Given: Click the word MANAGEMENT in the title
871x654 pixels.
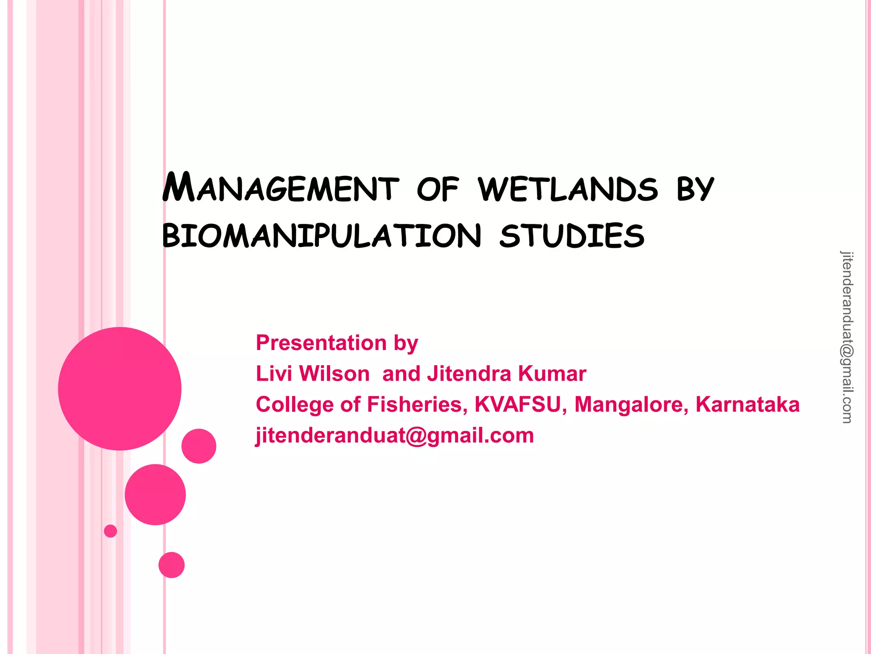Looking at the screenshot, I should (x=281, y=188).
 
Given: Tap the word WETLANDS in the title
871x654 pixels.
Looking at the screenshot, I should (x=568, y=189).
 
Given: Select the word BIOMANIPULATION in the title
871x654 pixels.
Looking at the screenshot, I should (x=322, y=236).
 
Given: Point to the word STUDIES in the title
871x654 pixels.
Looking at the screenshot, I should (x=572, y=236).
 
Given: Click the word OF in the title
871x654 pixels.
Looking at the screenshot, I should (x=438, y=189).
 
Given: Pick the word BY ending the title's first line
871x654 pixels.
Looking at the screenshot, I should (x=695, y=189).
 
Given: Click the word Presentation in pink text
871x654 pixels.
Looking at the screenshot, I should (x=321, y=343).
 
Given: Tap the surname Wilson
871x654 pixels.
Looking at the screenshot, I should (x=334, y=374).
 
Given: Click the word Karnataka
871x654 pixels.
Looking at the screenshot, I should (x=747, y=404).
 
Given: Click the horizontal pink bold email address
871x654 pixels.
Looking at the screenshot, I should (x=394, y=436).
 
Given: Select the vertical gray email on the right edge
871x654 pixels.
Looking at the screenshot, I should (x=847, y=337).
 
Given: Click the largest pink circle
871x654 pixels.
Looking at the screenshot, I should (x=120, y=388).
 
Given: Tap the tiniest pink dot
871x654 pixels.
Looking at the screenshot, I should (x=110, y=531).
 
